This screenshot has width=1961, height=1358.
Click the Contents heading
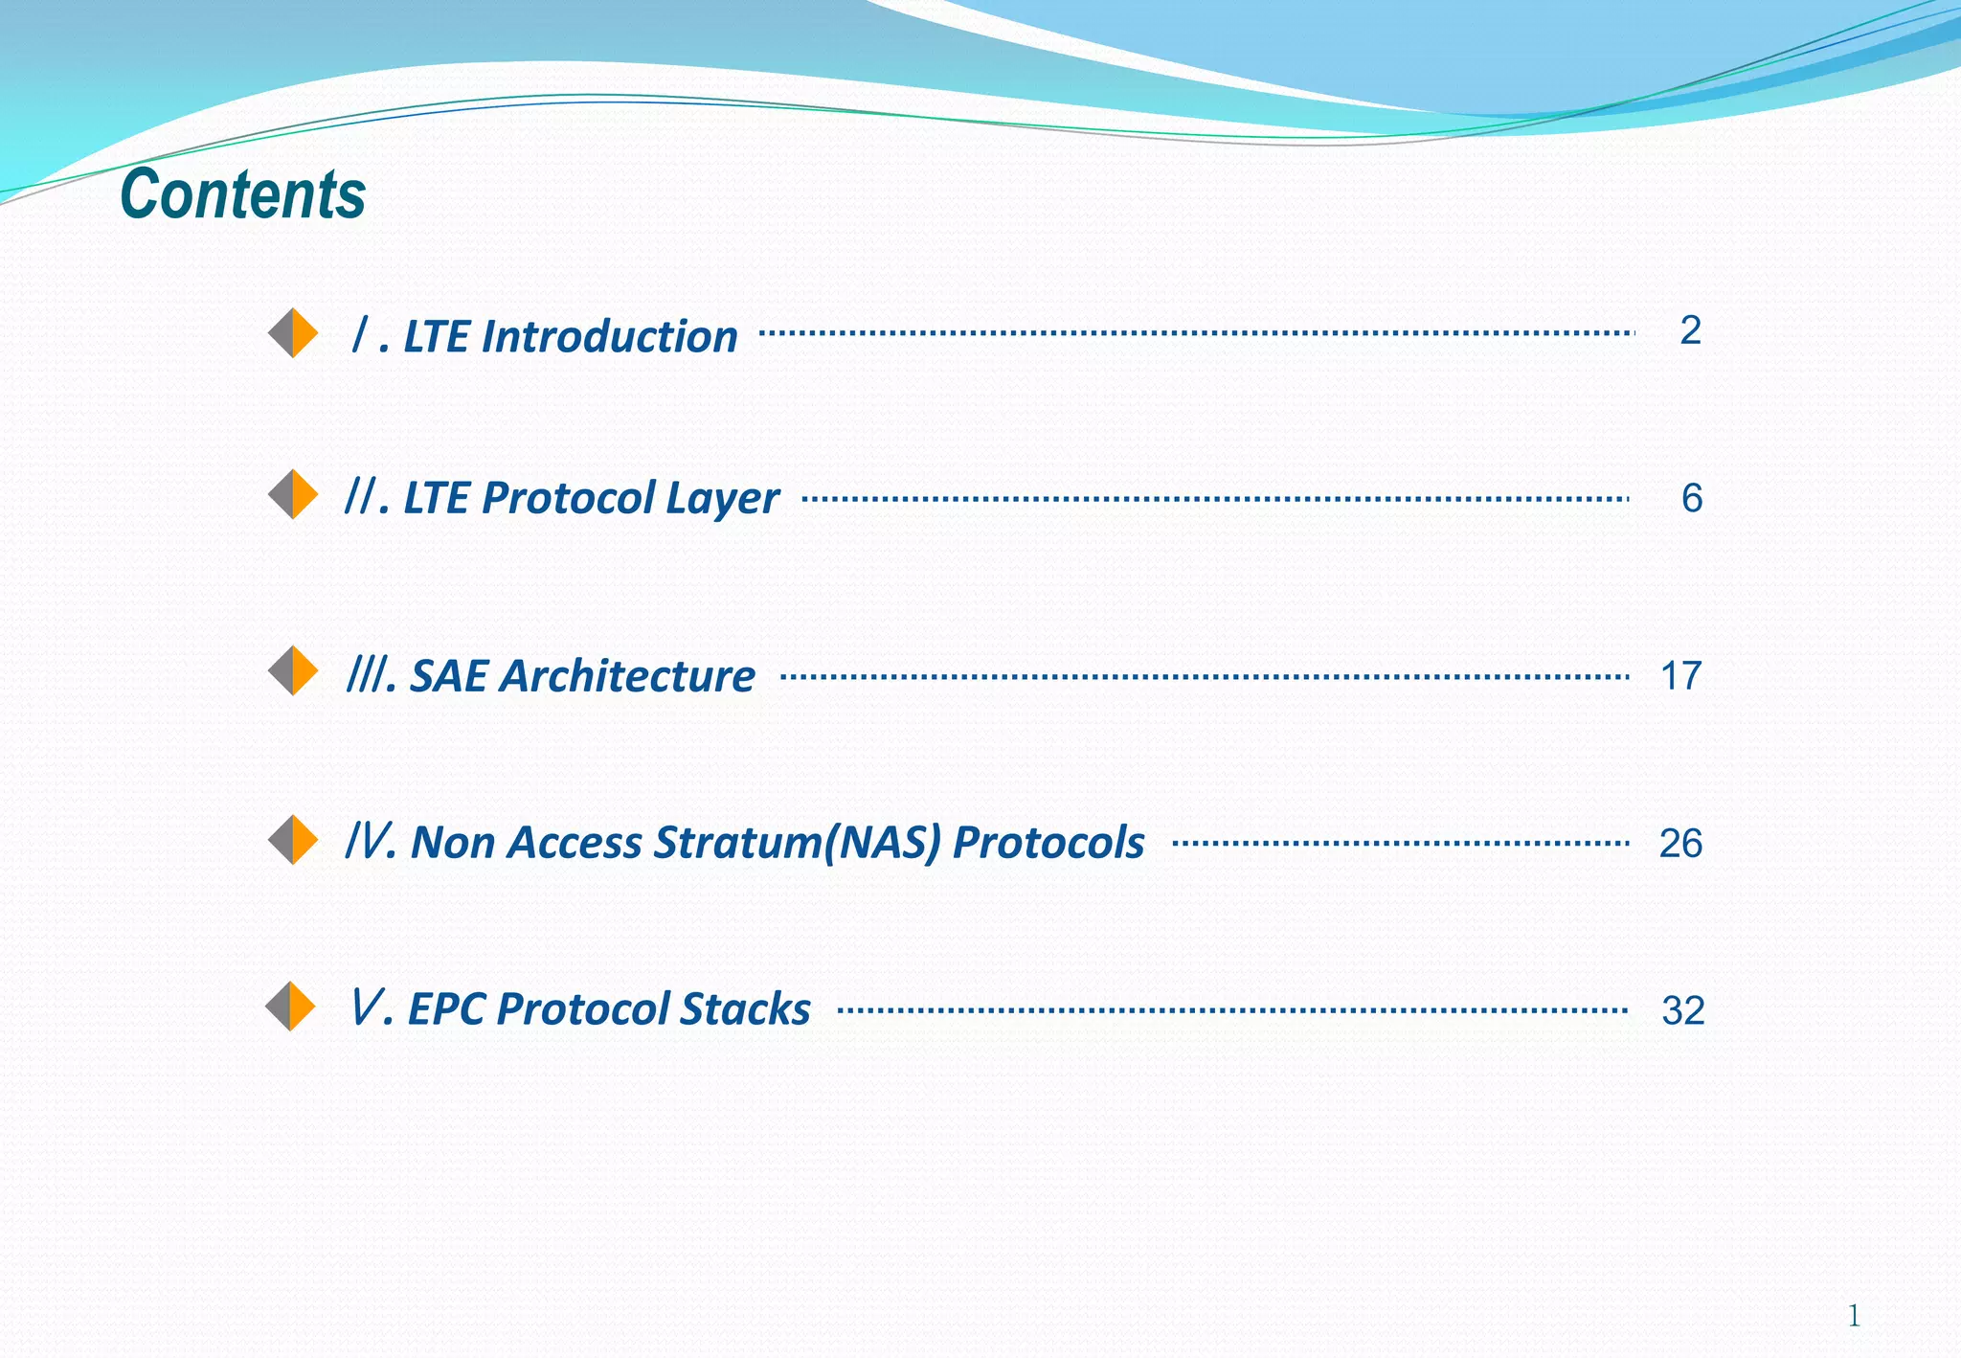tap(243, 194)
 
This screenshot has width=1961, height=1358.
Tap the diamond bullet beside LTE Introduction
tap(293, 333)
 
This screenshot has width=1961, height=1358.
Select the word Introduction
tap(609, 337)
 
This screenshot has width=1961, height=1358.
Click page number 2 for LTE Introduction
tap(1690, 330)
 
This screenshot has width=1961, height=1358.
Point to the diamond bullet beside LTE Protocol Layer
tap(293, 495)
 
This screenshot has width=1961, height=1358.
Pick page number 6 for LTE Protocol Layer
tap(1692, 498)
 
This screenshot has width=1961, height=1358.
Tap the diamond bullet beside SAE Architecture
tap(293, 670)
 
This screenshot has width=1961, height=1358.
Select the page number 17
tap(1680, 676)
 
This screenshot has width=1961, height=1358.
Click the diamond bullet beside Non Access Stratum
tap(293, 840)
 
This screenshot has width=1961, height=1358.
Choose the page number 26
tap(1680, 844)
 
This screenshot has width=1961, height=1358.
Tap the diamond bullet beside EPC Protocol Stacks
tap(290, 1007)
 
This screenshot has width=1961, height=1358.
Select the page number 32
tap(1683, 1011)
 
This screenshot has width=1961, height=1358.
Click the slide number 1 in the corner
tap(1854, 1316)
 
